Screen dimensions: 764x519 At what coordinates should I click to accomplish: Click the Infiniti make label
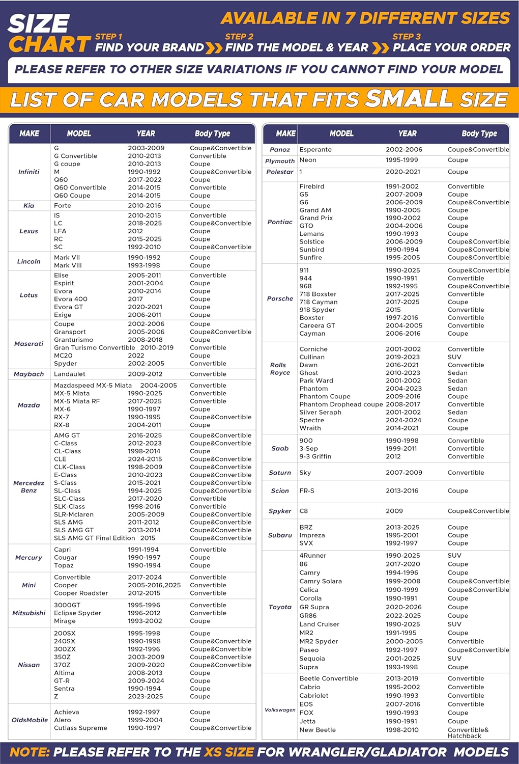[29, 172]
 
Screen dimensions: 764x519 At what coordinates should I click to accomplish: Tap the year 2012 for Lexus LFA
[136, 231]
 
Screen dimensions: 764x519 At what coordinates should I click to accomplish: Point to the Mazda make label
[29, 405]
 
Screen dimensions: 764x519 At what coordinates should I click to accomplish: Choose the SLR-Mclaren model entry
[74, 514]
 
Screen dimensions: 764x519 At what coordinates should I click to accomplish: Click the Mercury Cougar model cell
[66, 558]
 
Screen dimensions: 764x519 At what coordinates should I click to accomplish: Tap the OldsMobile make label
[30, 720]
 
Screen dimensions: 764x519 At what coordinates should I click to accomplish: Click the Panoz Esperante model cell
[315, 150]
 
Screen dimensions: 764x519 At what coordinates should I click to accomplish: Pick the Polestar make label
[280, 172]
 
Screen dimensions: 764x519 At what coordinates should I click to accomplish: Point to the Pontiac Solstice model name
[312, 242]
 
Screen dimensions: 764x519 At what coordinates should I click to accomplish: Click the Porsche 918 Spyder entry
[317, 310]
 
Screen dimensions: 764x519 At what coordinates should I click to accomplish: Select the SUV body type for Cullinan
[454, 357]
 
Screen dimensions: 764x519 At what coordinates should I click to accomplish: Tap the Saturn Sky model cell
[305, 473]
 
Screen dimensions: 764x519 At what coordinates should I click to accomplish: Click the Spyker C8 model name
[304, 511]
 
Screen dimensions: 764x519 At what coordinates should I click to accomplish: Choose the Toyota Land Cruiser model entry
[319, 624]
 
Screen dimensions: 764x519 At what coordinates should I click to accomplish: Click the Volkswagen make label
[280, 710]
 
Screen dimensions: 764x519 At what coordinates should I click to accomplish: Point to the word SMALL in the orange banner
[409, 99]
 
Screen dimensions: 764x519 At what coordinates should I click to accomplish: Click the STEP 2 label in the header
[239, 37]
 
